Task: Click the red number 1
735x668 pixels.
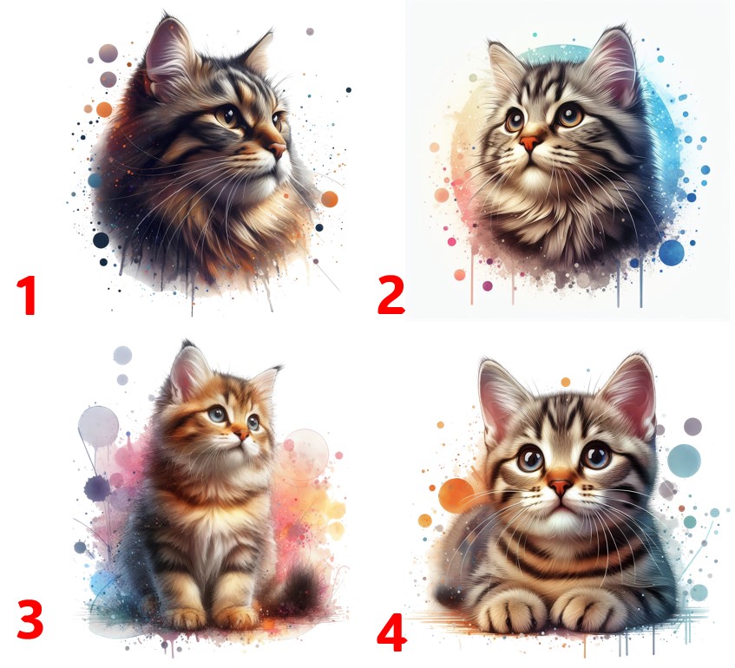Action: point(27,295)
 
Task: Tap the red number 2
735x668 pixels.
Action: point(390,295)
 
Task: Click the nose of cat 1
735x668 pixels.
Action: point(278,149)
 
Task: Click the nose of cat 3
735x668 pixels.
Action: point(243,434)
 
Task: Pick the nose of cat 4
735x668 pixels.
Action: point(561,488)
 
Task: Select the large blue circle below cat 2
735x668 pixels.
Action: point(672,252)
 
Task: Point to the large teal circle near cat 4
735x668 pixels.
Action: point(684,460)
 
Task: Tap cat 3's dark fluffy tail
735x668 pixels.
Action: point(300,592)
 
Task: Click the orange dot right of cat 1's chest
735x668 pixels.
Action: point(330,200)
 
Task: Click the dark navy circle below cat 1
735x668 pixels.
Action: point(101,240)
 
